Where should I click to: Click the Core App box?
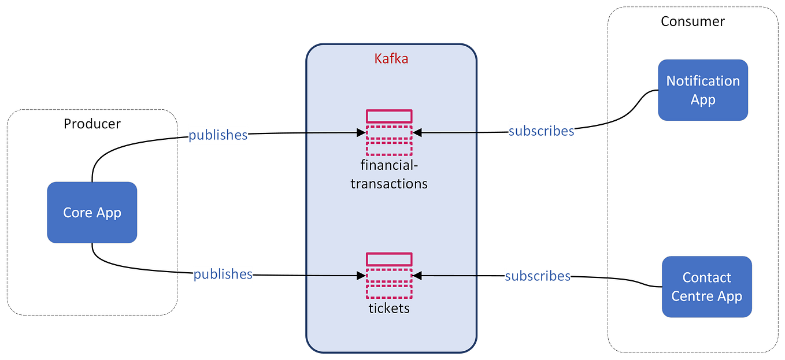(x=92, y=212)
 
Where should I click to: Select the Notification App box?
(x=703, y=90)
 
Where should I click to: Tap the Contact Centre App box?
(x=706, y=287)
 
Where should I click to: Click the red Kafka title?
(x=391, y=58)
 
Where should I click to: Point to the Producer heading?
(x=92, y=124)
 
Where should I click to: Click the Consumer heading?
(x=693, y=21)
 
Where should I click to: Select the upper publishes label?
(x=218, y=135)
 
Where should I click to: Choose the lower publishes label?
(x=223, y=273)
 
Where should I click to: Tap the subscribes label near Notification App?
(x=541, y=131)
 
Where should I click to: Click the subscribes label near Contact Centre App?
(x=538, y=276)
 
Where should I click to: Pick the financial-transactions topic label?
(x=389, y=175)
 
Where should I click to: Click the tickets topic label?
(x=389, y=308)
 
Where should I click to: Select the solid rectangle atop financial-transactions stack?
(x=389, y=116)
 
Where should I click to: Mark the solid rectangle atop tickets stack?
(x=389, y=259)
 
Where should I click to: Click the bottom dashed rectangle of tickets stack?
(x=389, y=291)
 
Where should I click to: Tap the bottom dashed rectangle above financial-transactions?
(x=389, y=149)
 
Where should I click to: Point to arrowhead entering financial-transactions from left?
(x=361, y=133)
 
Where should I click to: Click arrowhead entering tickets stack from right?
(x=417, y=276)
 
